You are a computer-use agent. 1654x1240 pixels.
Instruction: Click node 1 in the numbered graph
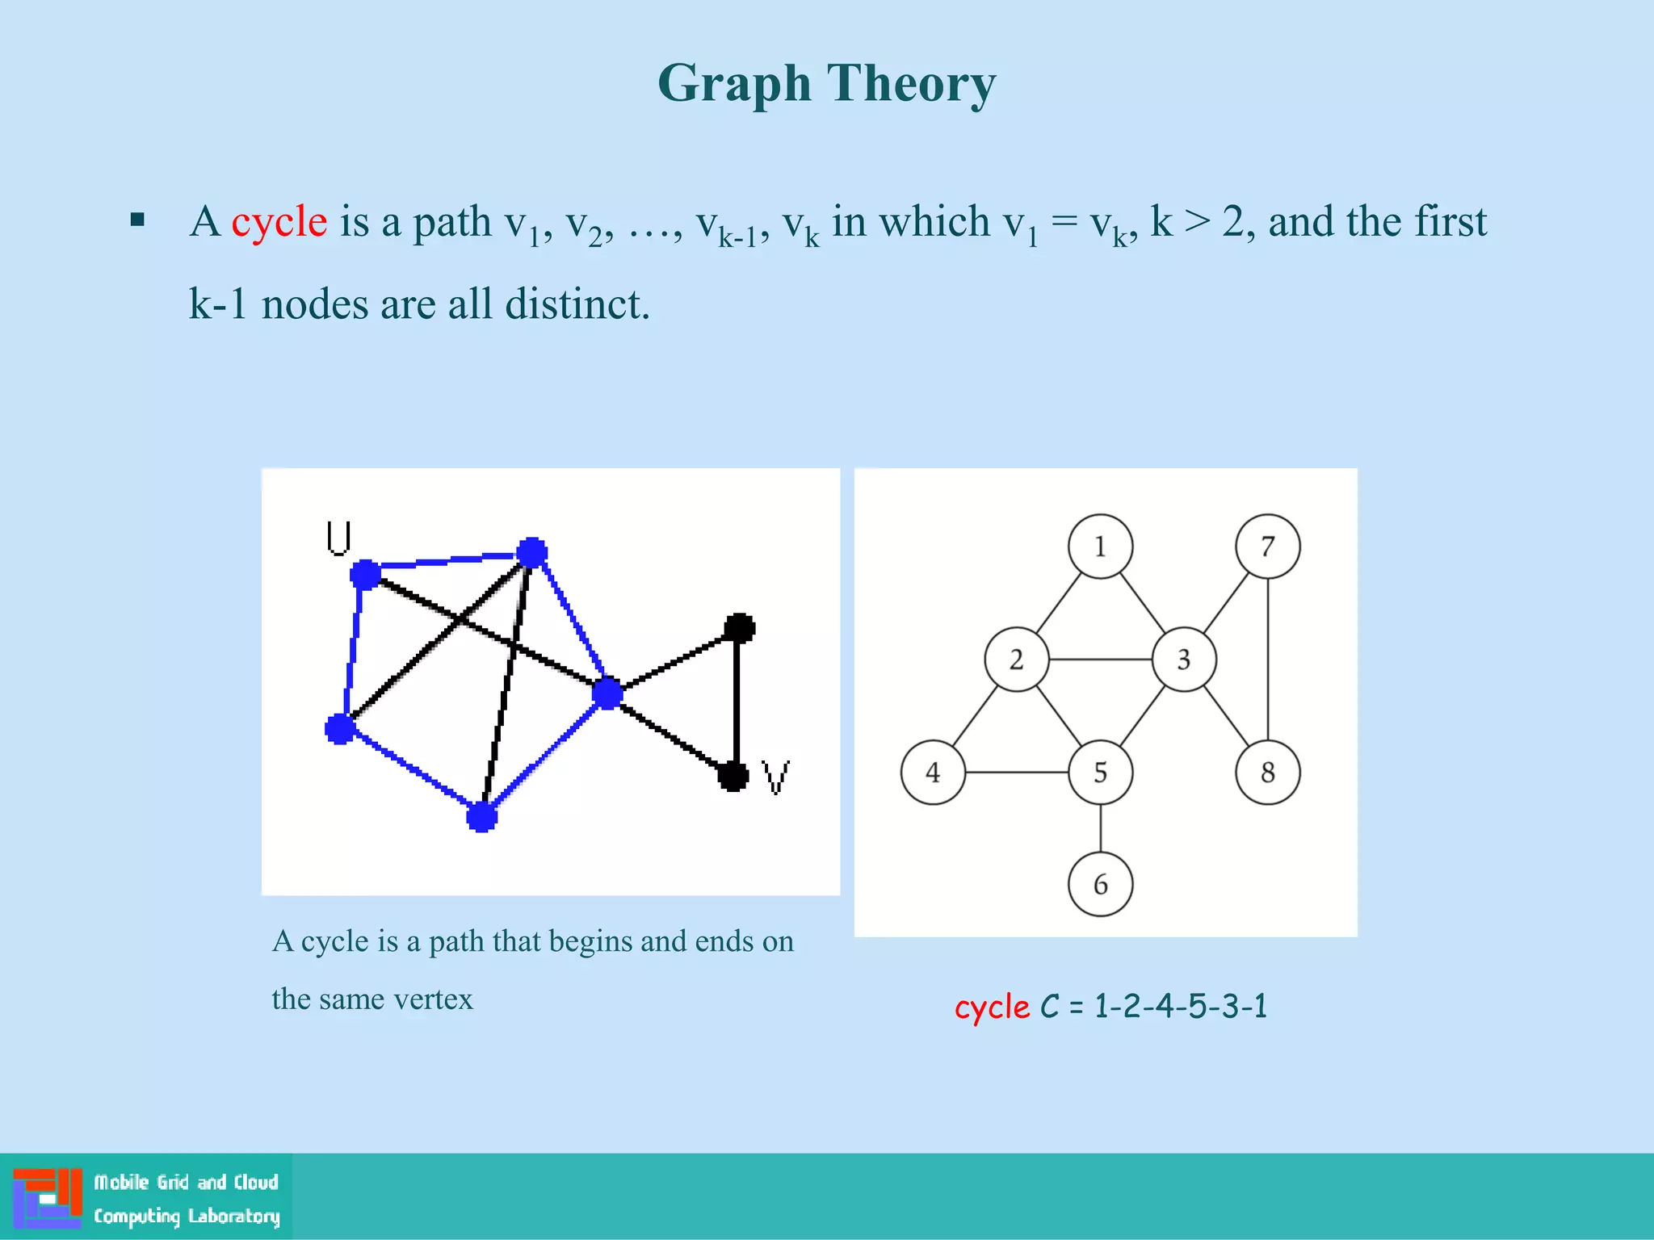pos(1100,547)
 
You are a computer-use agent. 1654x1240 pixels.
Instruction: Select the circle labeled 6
pos(1100,884)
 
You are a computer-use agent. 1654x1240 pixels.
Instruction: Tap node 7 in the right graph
pos(1267,547)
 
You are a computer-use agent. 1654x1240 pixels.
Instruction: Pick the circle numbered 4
pos(933,773)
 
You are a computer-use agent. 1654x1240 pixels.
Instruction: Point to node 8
pos(1267,773)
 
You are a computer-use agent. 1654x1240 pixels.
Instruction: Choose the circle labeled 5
pos(1100,773)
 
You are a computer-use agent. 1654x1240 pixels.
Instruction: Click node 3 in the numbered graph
pos(1183,660)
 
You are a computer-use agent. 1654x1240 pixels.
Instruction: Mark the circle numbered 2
pos(1016,660)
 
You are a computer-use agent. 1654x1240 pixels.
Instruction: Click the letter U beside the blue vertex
pos(338,538)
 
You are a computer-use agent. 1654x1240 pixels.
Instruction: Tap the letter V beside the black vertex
pos(776,777)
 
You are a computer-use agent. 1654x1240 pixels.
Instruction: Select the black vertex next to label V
pos(733,777)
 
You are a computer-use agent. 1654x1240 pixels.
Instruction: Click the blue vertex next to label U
pos(365,574)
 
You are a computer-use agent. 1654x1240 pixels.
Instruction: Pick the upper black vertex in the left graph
pos(739,627)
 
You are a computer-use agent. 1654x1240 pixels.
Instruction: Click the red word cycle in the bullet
pos(279,222)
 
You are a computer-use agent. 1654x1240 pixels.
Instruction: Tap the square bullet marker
pos(137,220)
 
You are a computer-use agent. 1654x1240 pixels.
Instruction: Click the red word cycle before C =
pos(992,1007)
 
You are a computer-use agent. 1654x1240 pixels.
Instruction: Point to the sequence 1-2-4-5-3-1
pos(1181,1007)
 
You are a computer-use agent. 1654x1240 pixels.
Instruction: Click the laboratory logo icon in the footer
pos(48,1197)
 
